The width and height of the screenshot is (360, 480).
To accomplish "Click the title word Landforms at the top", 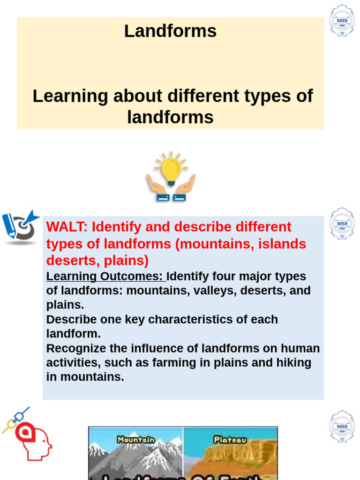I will pos(170,31).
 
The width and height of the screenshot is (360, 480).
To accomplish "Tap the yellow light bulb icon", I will pos(171,169).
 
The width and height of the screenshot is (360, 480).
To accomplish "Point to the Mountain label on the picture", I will pos(136,440).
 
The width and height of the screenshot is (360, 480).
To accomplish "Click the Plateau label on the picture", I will pos(229,440).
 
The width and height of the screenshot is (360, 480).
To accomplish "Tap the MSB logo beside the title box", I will pos(342,21).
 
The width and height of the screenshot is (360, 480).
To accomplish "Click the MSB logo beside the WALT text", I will pos(342,224).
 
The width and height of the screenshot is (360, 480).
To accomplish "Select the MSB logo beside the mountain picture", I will pos(342,426).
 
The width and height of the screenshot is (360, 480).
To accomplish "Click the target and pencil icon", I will pos(21,226).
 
